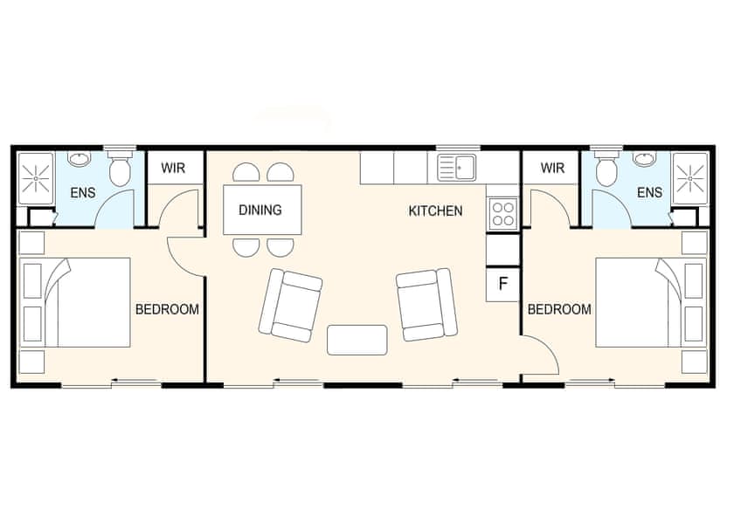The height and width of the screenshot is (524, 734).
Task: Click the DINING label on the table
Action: (260, 210)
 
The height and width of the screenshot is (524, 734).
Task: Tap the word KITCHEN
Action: (435, 211)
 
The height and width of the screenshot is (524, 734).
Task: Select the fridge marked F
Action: (502, 284)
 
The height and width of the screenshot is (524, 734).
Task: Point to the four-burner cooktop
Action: (502, 213)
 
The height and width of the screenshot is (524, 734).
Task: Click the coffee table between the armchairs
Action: (357, 339)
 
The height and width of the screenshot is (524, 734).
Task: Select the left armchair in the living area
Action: (291, 305)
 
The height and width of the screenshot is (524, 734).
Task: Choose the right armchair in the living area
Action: (426, 305)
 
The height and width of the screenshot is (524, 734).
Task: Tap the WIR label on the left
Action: (173, 168)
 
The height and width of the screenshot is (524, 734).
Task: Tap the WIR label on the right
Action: (552, 168)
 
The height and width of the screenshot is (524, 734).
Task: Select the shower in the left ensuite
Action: (36, 177)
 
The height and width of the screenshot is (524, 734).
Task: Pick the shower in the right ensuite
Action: (689, 177)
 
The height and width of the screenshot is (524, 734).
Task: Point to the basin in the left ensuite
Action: (80, 159)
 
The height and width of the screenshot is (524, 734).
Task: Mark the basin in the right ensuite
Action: (645, 159)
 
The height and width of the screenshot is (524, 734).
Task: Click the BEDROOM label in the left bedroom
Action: (167, 309)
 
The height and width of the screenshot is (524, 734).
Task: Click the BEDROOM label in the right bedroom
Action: (559, 309)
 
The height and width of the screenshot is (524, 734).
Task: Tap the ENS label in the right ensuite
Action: (649, 193)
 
